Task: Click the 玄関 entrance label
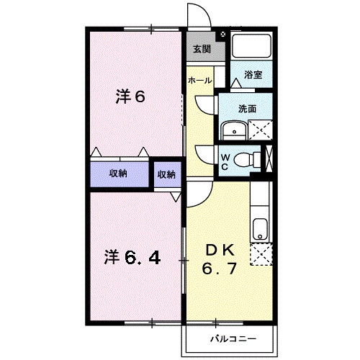pos(201,50)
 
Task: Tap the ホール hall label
pos(199,81)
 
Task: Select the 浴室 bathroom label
pos(253,74)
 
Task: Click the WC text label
pos(225,161)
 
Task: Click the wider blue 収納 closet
pos(119,174)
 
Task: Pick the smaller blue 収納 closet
pos(166,174)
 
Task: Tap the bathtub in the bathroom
pos(251,47)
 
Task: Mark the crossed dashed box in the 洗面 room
pos(258,130)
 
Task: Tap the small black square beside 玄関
pos(222,35)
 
